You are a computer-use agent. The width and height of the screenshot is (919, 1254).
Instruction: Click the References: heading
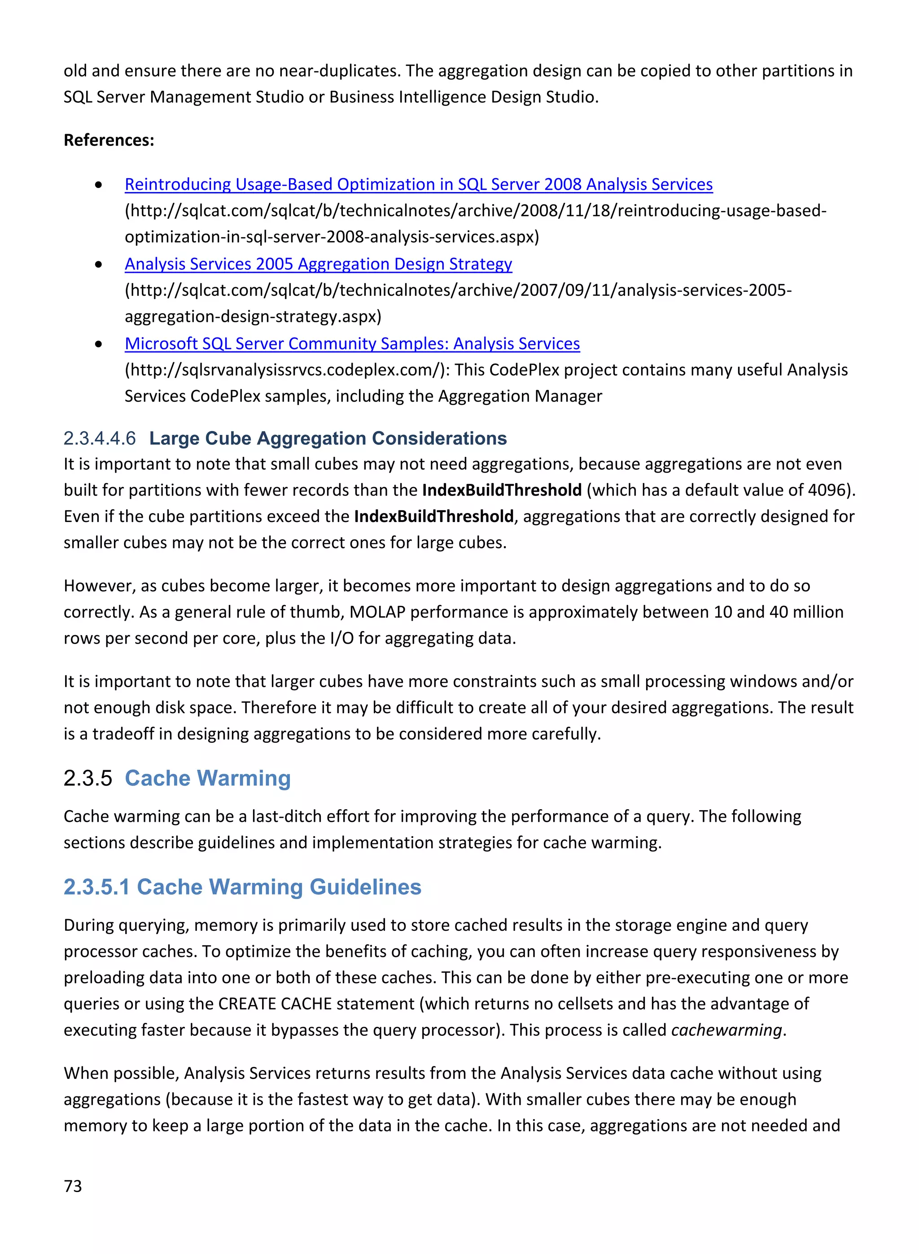click(109, 140)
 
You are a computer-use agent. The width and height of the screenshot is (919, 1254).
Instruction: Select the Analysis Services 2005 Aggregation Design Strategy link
click(318, 264)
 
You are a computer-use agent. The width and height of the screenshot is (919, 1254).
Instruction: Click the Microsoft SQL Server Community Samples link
click(352, 344)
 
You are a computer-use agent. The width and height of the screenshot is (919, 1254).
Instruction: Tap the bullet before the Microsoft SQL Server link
click(98, 344)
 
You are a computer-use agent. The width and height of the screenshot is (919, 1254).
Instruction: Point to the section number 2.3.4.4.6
click(100, 438)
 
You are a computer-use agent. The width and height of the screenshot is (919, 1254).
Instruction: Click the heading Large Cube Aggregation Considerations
click(328, 438)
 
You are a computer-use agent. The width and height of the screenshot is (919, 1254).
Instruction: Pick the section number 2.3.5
click(88, 778)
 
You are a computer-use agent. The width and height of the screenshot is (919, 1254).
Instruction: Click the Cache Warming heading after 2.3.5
click(207, 778)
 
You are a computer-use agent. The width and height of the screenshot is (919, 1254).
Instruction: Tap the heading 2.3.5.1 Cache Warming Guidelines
click(243, 887)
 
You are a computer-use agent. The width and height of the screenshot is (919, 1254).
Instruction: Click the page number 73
click(73, 1186)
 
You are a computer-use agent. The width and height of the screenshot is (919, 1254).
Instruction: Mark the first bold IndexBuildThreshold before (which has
click(502, 490)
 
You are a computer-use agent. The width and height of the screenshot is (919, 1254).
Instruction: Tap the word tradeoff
click(123, 734)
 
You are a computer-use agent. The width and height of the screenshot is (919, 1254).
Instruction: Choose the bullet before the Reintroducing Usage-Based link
click(98, 185)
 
